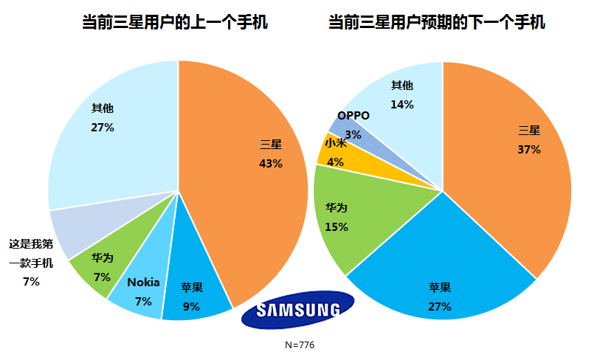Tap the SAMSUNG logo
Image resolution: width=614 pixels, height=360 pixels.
(298, 310)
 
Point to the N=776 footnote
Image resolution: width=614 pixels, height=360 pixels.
(300, 345)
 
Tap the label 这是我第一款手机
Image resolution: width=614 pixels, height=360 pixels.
(31, 252)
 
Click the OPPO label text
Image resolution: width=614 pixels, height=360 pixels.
(353, 115)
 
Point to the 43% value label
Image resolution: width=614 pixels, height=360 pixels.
(271, 163)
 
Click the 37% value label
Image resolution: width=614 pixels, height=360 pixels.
(529, 149)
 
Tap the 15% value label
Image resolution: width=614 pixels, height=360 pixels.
(337, 227)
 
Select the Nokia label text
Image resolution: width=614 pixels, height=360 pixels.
(143, 282)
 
